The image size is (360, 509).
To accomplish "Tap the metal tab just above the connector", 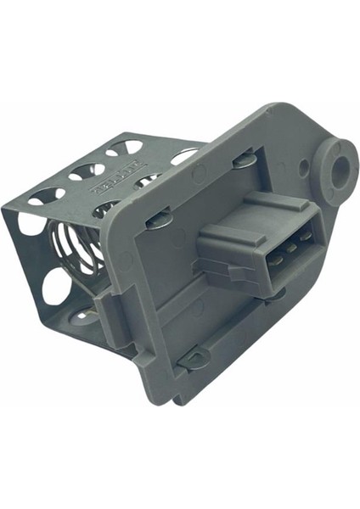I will pos(244,159).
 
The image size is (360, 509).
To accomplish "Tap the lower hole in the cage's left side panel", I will pos(56,286).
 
